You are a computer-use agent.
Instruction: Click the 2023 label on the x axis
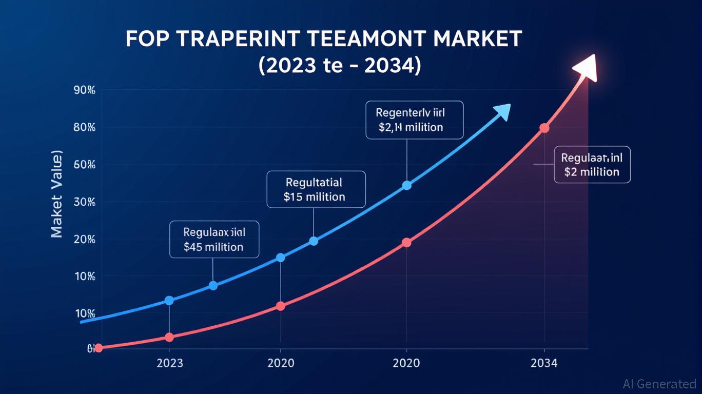(x=169, y=364)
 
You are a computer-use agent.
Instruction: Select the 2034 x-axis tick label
(x=544, y=364)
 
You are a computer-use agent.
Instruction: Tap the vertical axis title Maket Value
(x=57, y=194)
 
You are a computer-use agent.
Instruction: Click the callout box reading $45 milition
(x=214, y=240)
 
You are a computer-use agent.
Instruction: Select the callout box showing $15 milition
(x=316, y=189)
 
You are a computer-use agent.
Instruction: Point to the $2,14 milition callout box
(x=414, y=120)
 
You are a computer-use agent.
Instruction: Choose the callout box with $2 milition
(x=592, y=165)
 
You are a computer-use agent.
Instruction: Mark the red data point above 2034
(x=544, y=128)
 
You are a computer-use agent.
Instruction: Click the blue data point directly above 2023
(x=169, y=301)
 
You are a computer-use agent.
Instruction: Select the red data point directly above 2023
(x=169, y=338)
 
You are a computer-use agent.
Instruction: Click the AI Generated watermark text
(x=659, y=384)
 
